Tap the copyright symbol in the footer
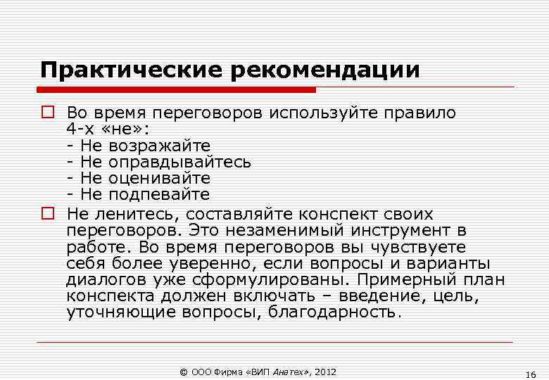click(184, 372)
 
